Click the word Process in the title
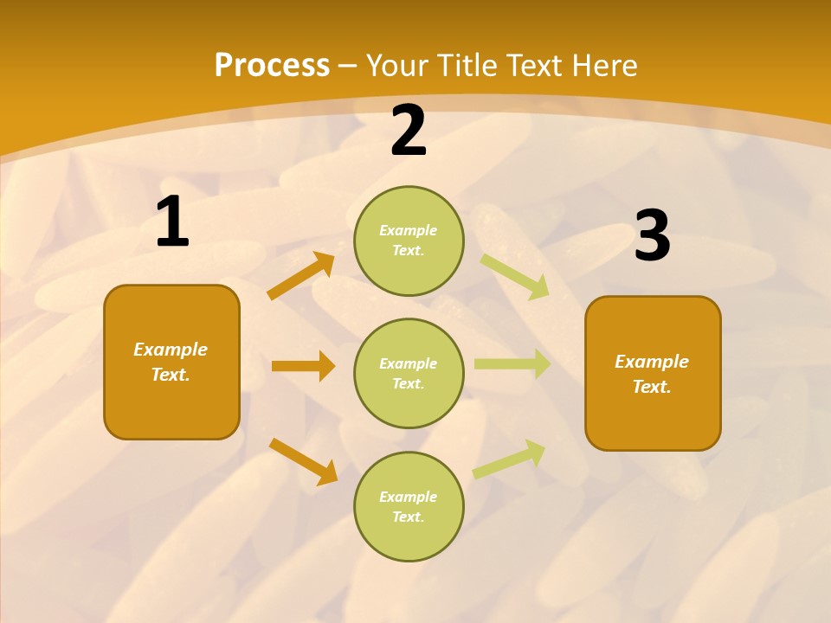pos(272,66)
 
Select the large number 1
pos(172,222)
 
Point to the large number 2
pos(409,132)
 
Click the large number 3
pos(652,236)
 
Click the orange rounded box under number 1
pos(171,362)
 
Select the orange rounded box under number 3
pos(653,374)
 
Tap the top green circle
pos(409,241)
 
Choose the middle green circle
pos(409,373)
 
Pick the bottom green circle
pos(409,506)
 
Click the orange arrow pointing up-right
pos(301,276)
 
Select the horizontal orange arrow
pos(303,366)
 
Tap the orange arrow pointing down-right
pos(304,461)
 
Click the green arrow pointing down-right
pos(515,276)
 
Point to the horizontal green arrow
pos(512,364)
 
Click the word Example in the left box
pos(171,350)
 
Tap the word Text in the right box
pos(650,387)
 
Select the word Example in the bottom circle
pos(409,497)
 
